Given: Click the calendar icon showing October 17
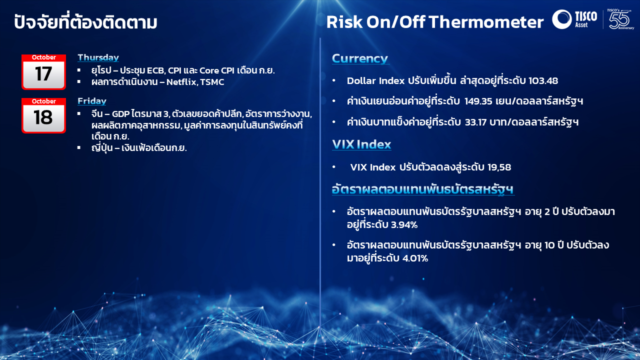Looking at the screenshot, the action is pos(43,72).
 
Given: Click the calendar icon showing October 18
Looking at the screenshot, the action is pos(43,115).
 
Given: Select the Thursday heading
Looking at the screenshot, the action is pos(98,57).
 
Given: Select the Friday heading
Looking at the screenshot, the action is pos(92,101).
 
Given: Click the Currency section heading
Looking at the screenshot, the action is pos(360,58).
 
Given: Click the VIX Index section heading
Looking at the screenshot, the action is pos(361,144).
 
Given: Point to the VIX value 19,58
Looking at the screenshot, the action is pos(499,167).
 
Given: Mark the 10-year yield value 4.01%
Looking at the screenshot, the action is pos(415,258).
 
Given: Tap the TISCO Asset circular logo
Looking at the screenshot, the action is pos(562,19).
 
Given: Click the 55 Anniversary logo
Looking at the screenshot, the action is pos(620,19).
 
